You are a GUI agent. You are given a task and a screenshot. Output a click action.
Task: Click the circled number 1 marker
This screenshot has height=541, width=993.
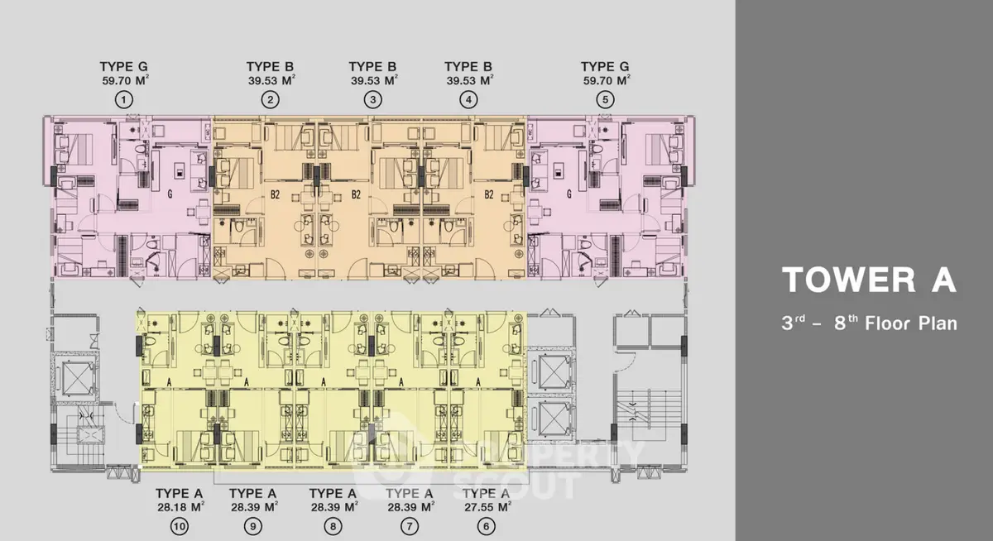pos(123,100)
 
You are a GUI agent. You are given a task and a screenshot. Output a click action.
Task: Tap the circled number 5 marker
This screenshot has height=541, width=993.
pos(605,100)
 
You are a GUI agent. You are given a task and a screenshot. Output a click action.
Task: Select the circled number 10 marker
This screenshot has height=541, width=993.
pos(179,526)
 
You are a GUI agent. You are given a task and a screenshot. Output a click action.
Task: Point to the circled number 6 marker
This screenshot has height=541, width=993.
pos(487,526)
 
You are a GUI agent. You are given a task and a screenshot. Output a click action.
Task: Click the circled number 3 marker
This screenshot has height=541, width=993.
pos(373,100)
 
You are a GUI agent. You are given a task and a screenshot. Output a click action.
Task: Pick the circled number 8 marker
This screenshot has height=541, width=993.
pos(333,526)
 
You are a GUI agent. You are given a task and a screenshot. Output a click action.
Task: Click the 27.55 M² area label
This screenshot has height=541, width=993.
pos(487,507)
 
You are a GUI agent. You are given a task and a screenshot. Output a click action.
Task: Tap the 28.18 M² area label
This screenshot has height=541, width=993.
pos(180,507)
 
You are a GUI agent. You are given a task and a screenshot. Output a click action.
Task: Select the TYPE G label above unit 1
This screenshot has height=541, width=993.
pos(123,66)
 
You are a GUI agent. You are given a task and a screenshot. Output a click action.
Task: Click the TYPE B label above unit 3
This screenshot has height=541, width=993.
pos(372,66)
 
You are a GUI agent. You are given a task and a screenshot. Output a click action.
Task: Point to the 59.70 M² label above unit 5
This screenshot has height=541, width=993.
pos(607,80)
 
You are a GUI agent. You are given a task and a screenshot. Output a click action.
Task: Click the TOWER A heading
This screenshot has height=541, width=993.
pos(869,280)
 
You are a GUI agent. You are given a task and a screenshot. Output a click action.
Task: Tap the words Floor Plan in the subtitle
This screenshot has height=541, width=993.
pos(911,323)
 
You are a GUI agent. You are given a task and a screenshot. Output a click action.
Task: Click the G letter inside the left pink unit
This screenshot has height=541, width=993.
pos(170,194)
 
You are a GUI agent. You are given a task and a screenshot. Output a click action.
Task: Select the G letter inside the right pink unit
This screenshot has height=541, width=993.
pos(569,194)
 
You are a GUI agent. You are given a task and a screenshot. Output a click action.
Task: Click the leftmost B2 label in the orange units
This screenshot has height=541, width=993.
pos(275,194)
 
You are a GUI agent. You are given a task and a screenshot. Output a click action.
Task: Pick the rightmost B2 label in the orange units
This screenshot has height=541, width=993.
pos(488,194)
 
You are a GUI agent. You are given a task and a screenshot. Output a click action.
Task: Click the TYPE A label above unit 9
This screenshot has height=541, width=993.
pos(252,493)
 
